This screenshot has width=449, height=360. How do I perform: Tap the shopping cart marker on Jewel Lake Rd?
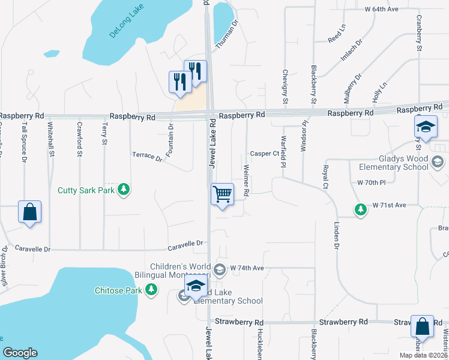pyautogui.click(x=222, y=194)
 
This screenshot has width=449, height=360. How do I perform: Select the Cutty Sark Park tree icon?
pyautogui.click(x=124, y=190)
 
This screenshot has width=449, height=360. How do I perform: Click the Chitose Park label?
pyautogui.click(x=118, y=290)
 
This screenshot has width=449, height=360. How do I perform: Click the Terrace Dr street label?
pyautogui.click(x=147, y=157)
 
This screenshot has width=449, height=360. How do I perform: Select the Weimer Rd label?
pyautogui.click(x=246, y=179)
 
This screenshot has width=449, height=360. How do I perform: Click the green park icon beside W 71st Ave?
pyautogui.click(x=360, y=209)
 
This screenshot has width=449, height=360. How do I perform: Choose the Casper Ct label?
pyautogui.click(x=265, y=153)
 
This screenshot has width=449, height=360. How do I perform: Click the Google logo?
pyautogui.click(x=20, y=353)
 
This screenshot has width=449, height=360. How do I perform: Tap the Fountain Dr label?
pyautogui.click(x=171, y=136)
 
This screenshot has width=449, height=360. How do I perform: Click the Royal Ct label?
pyautogui.click(x=326, y=176)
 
